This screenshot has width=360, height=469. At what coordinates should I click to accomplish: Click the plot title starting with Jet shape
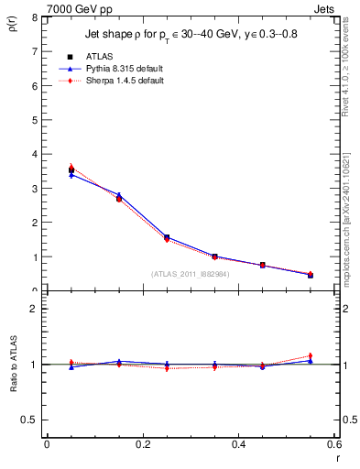pos(191,35)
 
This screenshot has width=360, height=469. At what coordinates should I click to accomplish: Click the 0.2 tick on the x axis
pos(142,444)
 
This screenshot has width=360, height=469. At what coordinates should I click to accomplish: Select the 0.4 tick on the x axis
pos(238,444)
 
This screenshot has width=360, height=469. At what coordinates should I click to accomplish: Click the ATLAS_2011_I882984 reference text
pos(190,273)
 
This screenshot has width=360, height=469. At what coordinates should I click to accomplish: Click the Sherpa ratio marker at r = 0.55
pos(311,356)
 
